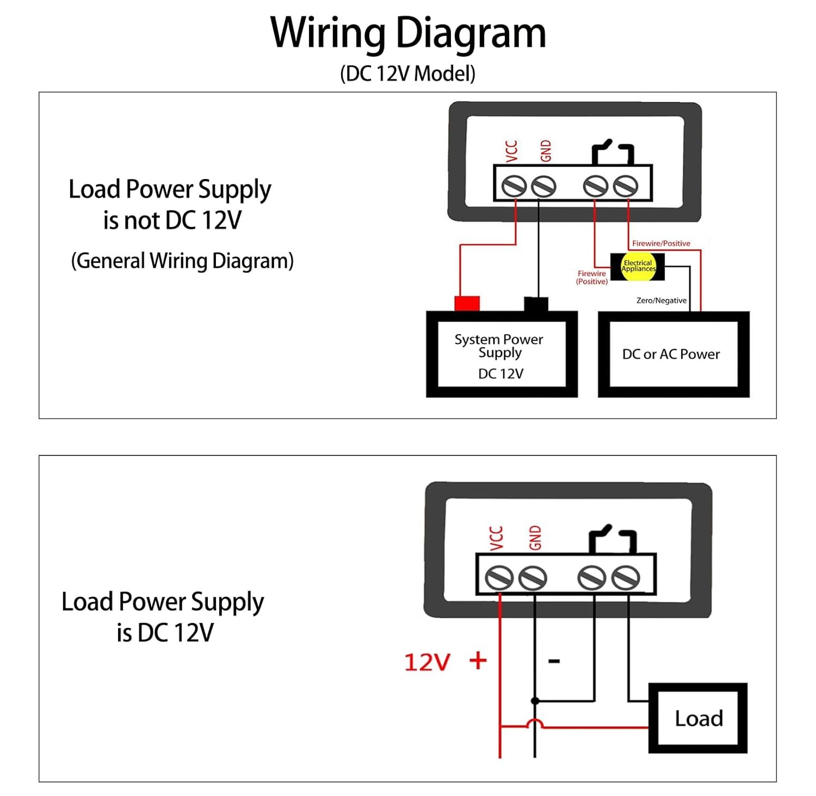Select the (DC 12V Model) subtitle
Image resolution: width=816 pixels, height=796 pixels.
408,73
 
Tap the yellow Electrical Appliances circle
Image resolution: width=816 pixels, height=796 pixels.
638,266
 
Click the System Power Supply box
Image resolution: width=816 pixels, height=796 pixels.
501,355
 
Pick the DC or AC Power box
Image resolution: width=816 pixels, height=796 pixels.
673,355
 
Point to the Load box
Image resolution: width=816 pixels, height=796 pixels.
698,718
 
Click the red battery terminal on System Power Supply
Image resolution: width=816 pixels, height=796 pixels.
467,303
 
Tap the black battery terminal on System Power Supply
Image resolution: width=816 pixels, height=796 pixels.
536,304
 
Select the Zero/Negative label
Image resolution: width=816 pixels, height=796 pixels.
661,300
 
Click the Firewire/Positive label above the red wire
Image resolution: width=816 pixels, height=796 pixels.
661,243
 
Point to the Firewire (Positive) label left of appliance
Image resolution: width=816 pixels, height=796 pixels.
592,277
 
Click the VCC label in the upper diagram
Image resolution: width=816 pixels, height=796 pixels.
511,151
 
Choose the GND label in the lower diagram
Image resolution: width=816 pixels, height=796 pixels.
535,538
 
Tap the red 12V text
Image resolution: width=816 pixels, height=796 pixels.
427,662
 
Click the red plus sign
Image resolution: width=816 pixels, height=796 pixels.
478,661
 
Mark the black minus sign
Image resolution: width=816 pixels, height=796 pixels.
554,661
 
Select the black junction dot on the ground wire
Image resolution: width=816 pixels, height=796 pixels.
535,701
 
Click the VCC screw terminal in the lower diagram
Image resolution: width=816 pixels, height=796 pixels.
499,578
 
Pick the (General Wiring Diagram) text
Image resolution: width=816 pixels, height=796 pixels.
182,261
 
